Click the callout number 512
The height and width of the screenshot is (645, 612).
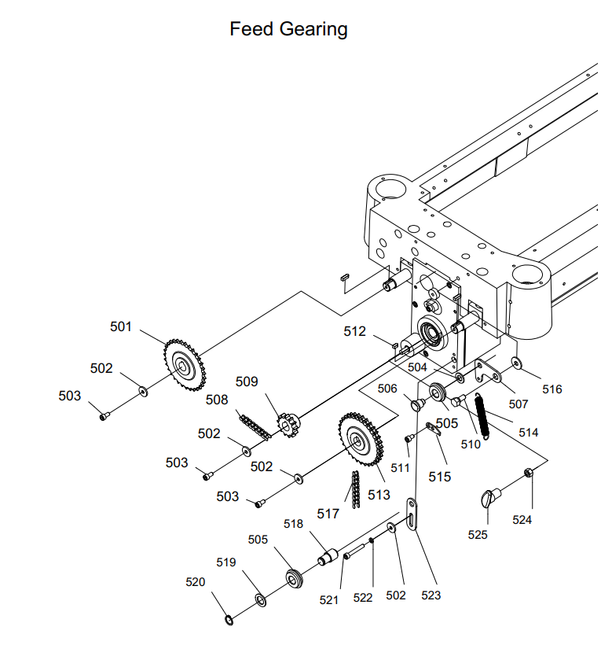(x=355, y=332)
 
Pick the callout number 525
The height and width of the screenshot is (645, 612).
(x=478, y=535)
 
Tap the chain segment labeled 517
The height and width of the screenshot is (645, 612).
(x=354, y=489)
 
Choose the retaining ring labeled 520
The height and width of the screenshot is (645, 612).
(x=229, y=621)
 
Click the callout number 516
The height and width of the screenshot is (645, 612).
(x=552, y=389)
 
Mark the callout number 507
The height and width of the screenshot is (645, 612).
(x=518, y=404)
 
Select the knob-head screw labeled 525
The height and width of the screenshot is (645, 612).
(x=491, y=499)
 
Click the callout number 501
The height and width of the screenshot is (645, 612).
(x=121, y=326)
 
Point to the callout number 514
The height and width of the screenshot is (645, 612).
(x=529, y=432)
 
